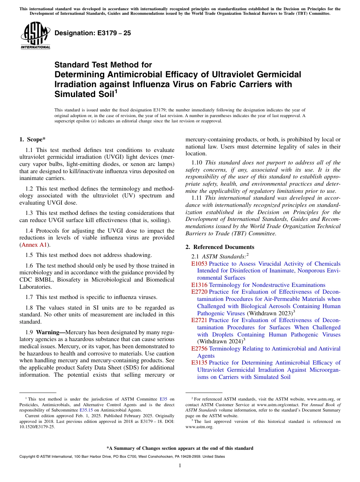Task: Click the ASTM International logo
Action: click(35, 36)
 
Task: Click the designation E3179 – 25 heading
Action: click(93, 33)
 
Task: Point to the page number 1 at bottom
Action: click(180, 466)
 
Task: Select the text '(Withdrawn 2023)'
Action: click(270, 313)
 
